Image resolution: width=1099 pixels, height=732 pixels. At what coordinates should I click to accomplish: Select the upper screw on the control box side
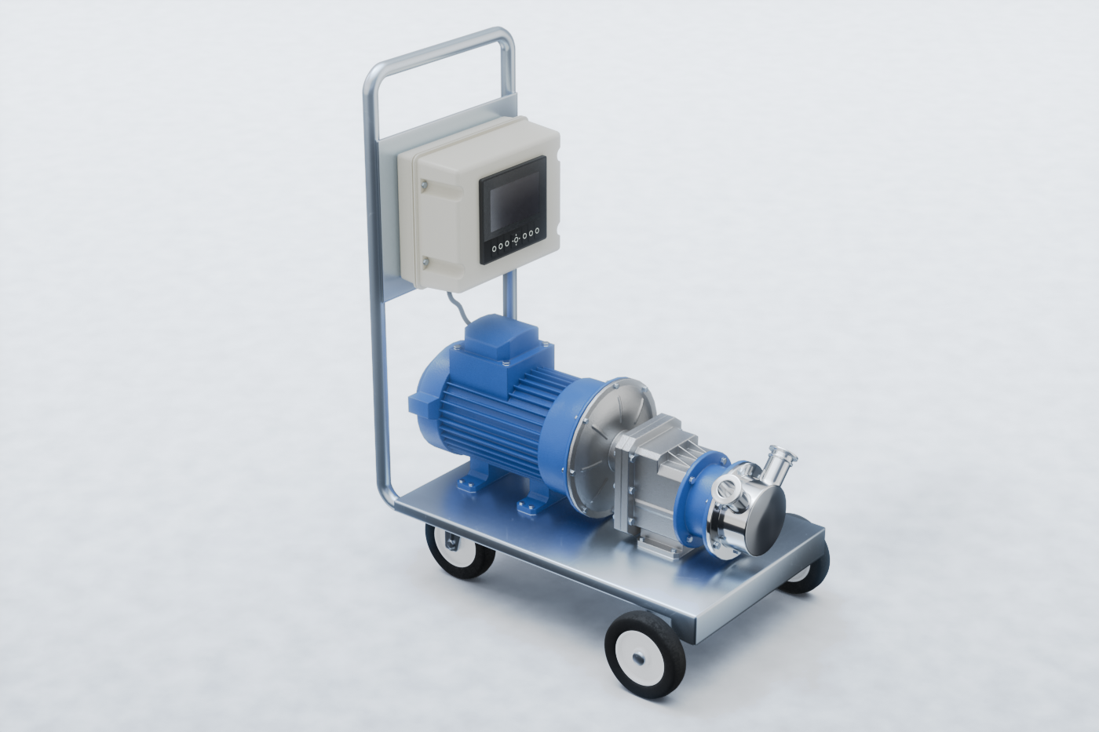coord(424,185)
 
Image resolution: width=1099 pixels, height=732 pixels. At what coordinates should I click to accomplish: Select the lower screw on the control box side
coord(424,261)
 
